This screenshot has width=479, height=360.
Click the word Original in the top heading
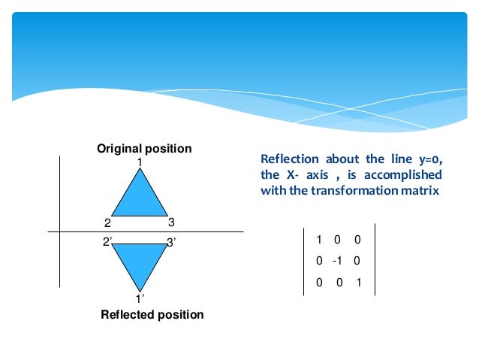point(119,149)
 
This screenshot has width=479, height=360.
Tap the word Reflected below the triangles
point(125,315)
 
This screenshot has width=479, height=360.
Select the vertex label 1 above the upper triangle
point(140,162)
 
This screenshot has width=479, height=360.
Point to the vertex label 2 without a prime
point(107,222)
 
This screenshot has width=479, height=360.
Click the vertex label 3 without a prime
point(171,222)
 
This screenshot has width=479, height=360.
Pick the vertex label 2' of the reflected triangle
point(107,241)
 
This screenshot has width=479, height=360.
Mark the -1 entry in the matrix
point(337,262)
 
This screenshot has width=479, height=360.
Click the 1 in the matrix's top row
point(319,240)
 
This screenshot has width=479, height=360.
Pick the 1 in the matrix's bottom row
point(360,283)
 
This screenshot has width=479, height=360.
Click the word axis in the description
point(318,175)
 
